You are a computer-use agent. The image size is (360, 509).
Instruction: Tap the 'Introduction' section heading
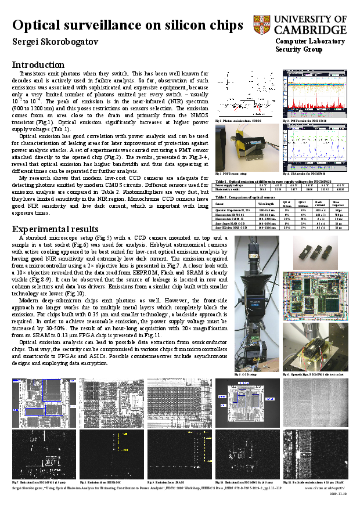coord(38,64)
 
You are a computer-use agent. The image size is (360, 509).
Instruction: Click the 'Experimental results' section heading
coord(55,229)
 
